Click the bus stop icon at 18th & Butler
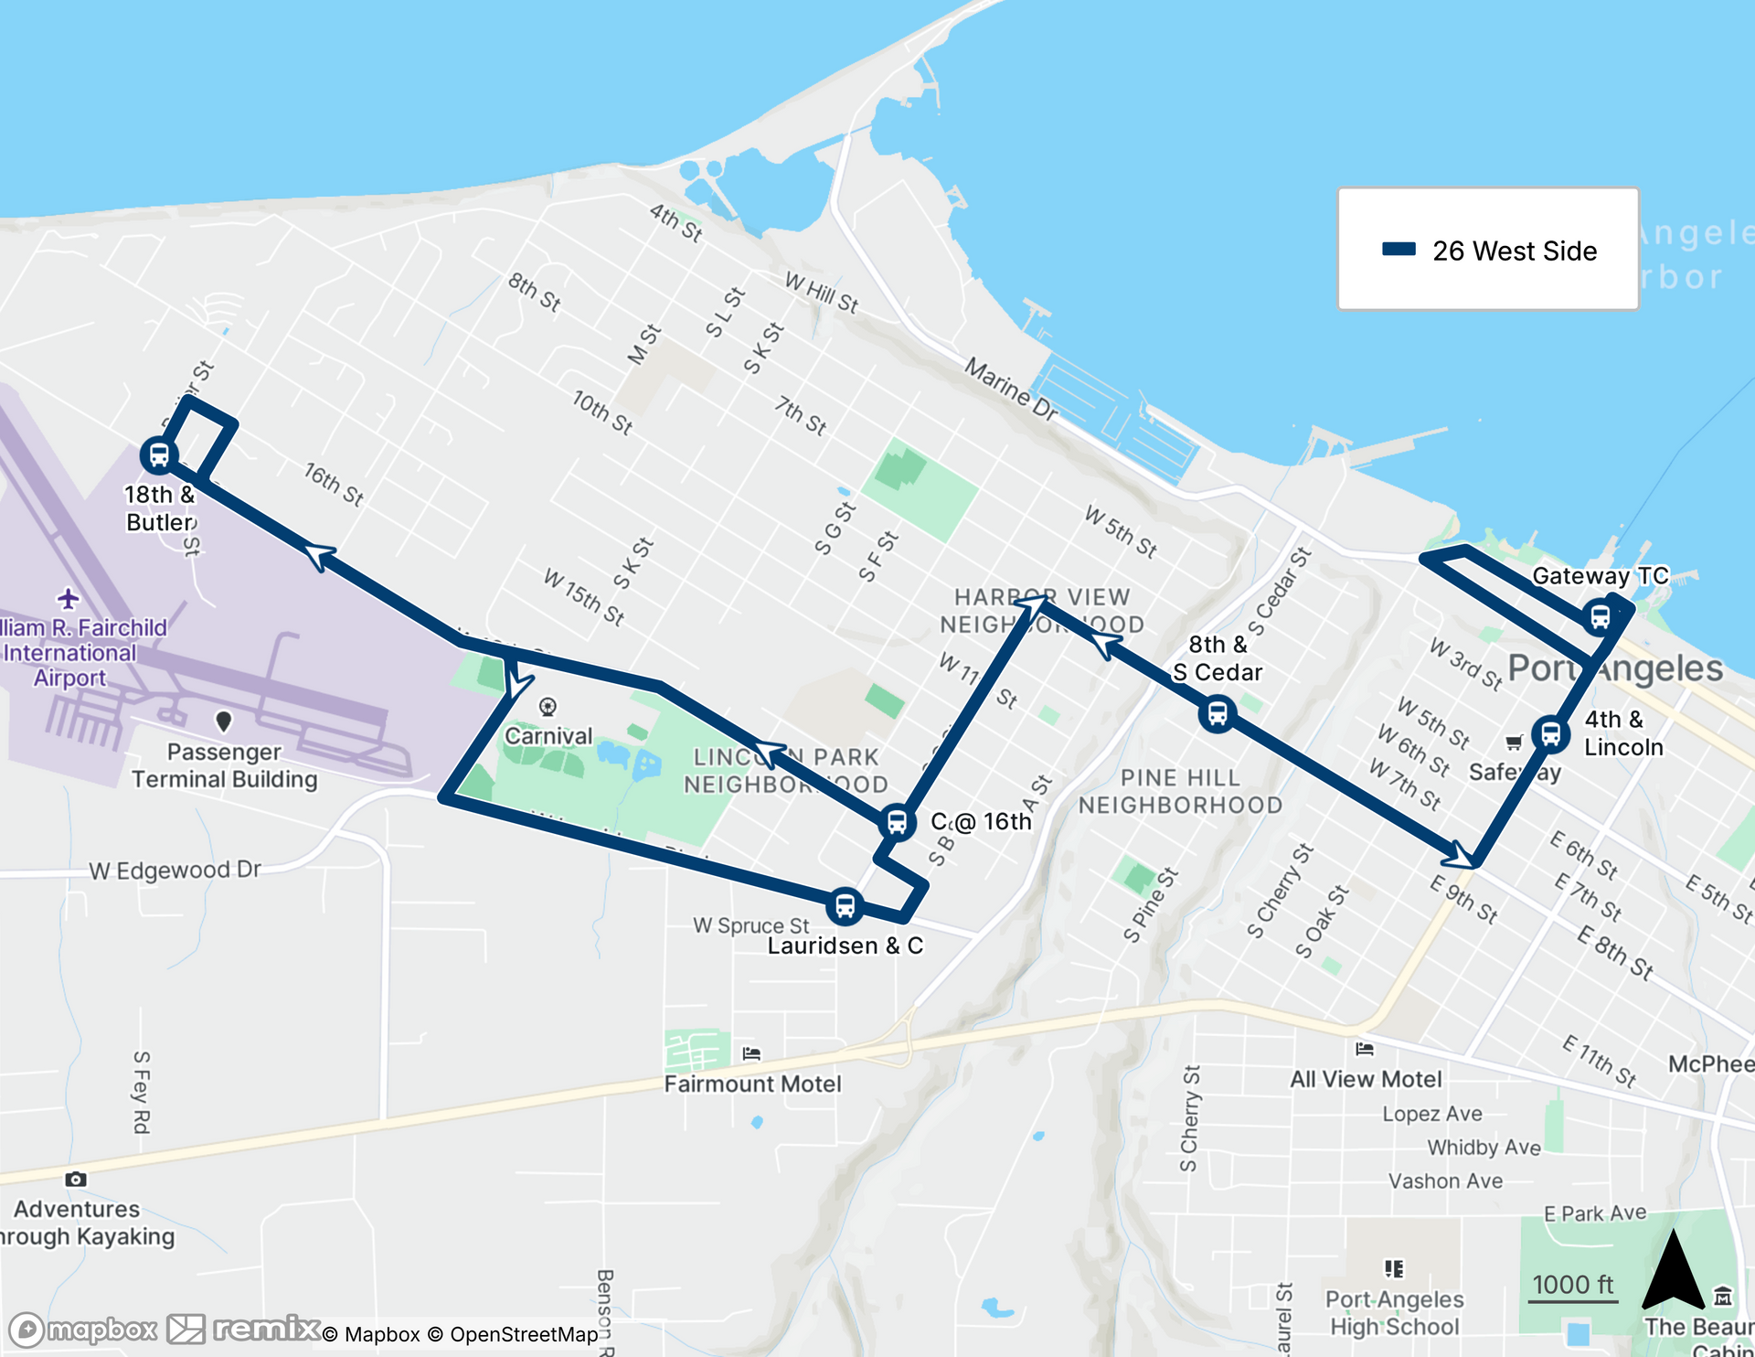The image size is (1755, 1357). click(x=159, y=454)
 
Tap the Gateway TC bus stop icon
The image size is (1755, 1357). click(x=1600, y=616)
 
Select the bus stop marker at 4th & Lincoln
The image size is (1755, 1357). click(x=1551, y=733)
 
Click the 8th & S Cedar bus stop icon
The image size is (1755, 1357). click(x=1218, y=712)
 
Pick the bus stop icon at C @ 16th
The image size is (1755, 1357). click(x=897, y=821)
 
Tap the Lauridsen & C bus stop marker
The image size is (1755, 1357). click(x=846, y=905)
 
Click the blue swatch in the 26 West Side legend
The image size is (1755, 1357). click(x=1399, y=250)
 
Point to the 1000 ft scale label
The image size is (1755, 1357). click(x=1572, y=1284)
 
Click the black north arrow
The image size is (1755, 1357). click(x=1673, y=1271)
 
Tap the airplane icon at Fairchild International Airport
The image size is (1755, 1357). click(x=69, y=599)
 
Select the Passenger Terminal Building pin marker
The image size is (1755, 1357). click(x=223, y=721)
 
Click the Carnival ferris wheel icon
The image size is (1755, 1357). click(x=548, y=707)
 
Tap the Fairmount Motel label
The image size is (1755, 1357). click(x=752, y=1084)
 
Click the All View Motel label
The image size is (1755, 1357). click(x=1366, y=1079)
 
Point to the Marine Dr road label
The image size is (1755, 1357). click(x=1011, y=390)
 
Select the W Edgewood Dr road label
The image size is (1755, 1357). click(x=175, y=870)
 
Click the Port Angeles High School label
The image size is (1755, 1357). click(x=1394, y=1312)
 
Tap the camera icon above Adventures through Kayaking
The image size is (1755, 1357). click(x=76, y=1180)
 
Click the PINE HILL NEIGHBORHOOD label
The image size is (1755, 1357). click(x=1180, y=791)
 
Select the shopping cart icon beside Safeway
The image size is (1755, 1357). click(x=1514, y=743)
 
